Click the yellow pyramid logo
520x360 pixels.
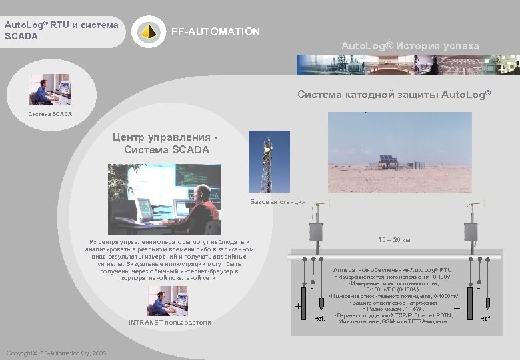[x=148, y=31]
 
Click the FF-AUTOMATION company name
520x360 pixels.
[x=215, y=32]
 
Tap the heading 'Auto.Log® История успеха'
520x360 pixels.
[x=410, y=45]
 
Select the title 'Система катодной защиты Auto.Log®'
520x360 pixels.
[x=393, y=94]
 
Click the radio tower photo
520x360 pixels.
[x=265, y=161]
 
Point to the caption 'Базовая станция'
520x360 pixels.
[x=278, y=201]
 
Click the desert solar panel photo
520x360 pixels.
[x=399, y=152]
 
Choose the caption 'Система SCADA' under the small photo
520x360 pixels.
[x=50, y=115]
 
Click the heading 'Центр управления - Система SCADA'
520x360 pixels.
[x=166, y=143]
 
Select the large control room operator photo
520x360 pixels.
[x=164, y=199]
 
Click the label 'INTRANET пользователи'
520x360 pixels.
[x=169, y=323]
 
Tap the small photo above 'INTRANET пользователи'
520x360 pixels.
[x=167, y=301]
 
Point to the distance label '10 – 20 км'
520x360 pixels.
[x=394, y=239]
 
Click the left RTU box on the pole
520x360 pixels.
[x=315, y=231]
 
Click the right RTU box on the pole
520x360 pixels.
[x=471, y=231]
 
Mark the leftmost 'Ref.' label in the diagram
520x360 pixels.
[x=319, y=319]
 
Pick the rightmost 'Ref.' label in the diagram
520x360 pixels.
[x=486, y=319]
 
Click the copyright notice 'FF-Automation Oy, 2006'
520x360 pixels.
[x=55, y=353]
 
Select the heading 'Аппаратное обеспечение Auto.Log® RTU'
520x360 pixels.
[x=392, y=270]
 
